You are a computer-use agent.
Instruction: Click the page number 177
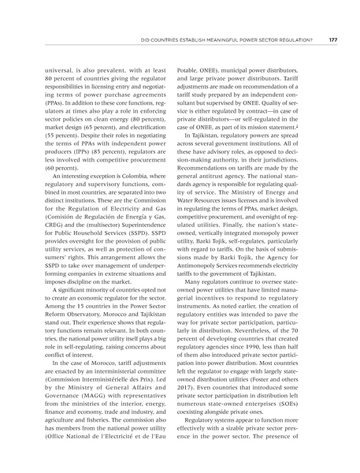click(x=332, y=39)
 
